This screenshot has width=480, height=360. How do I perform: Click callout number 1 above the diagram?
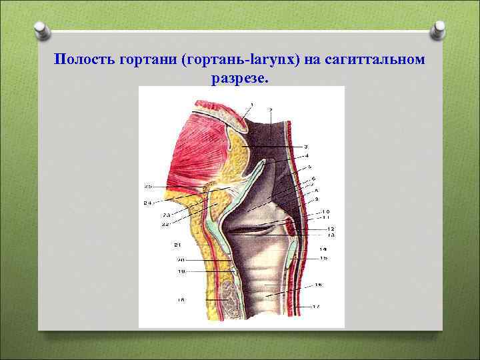pyautogui.click(x=251, y=104)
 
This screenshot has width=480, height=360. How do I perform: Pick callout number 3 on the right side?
pyautogui.click(x=305, y=146)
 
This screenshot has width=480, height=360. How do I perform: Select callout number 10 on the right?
pyautogui.click(x=325, y=212)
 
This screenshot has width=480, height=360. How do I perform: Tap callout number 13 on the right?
pyautogui.click(x=331, y=235)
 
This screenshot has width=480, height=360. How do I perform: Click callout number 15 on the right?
pyautogui.click(x=323, y=257)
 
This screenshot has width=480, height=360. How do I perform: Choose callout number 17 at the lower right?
pyautogui.click(x=317, y=306)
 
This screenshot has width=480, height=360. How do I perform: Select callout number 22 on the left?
pyautogui.click(x=165, y=225)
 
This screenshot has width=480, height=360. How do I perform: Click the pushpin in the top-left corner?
pyautogui.click(x=41, y=30)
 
